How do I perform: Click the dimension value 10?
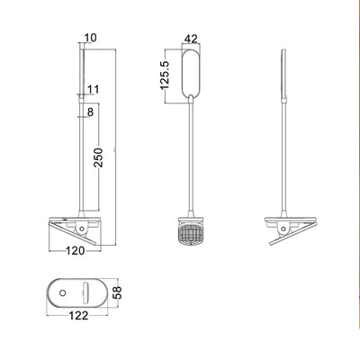90,38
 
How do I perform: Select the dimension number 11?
95,89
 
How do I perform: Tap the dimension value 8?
91,112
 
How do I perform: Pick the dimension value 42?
190,38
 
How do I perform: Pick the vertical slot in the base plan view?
84,292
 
